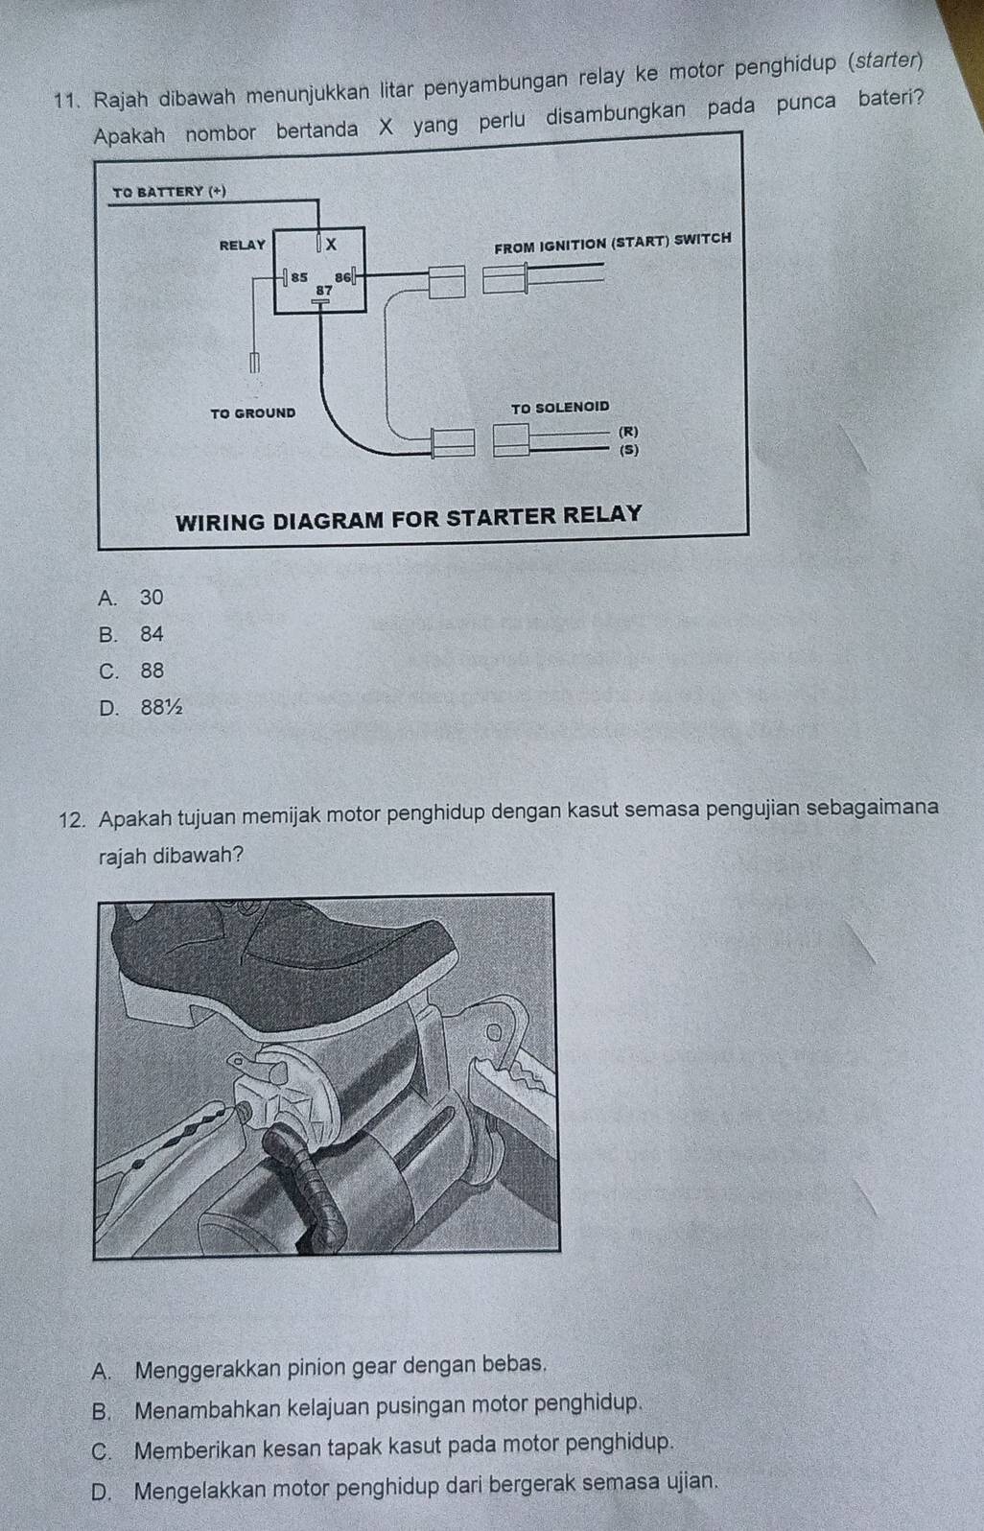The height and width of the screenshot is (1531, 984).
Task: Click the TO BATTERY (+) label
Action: point(168,192)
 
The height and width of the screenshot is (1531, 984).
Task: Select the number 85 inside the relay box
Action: point(299,276)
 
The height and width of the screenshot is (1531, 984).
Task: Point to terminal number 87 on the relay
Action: point(324,289)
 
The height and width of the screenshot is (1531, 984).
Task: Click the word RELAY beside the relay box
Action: point(242,246)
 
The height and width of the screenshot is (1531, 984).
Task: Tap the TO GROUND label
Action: point(252,413)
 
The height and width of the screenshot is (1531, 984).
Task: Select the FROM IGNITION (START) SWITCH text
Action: point(612,239)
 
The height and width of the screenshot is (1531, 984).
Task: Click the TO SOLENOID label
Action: point(560,408)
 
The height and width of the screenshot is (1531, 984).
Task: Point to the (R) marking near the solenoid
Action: point(629,432)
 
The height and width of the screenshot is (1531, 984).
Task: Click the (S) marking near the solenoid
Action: point(629,448)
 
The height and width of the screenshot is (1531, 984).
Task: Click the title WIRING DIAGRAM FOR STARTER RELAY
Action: point(409,514)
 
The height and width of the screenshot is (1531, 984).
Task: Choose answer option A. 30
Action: point(131,598)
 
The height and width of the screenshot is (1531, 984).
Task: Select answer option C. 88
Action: point(131,671)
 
